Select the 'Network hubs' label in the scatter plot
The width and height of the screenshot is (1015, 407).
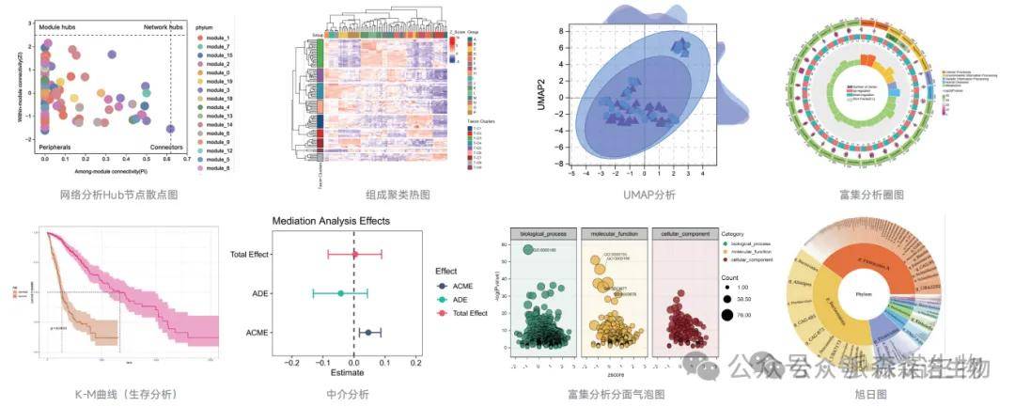click(x=162, y=27)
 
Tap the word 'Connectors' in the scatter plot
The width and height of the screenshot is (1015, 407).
click(x=167, y=148)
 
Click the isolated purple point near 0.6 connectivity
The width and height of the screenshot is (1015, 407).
click(x=170, y=129)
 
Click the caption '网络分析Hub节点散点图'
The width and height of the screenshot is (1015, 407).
click(x=117, y=195)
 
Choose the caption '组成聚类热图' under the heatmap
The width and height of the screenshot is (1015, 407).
click(x=398, y=196)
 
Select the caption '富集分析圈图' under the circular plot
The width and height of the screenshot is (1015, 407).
click(x=871, y=196)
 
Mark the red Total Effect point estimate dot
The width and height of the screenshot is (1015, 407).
click(x=354, y=254)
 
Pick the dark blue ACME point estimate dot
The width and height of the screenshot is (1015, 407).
click(x=368, y=332)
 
